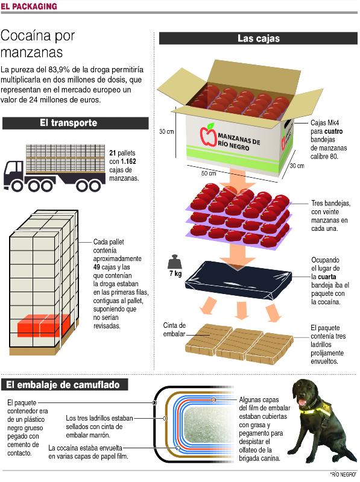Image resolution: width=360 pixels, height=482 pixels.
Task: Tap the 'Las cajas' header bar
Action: [259, 39]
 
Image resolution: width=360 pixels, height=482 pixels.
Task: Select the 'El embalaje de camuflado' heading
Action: [63, 385]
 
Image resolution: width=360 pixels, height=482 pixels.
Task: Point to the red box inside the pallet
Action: [43, 325]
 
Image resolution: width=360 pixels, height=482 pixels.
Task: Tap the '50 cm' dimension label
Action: [209, 174]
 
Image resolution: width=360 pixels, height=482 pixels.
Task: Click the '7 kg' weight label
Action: [175, 274]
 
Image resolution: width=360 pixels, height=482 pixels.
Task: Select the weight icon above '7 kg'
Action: [175, 261]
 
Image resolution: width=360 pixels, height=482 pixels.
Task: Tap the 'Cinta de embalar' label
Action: [174, 330]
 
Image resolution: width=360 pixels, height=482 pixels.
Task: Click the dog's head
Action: [304, 393]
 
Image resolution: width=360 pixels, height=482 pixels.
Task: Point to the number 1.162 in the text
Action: [128, 161]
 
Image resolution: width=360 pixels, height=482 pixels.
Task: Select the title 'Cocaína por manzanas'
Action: [37, 44]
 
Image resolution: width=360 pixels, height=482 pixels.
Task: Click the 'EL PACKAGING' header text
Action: [29, 6]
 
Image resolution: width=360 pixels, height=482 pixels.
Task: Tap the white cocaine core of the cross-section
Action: [209, 425]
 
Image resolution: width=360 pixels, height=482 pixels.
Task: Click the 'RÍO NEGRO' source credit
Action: [343, 475]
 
